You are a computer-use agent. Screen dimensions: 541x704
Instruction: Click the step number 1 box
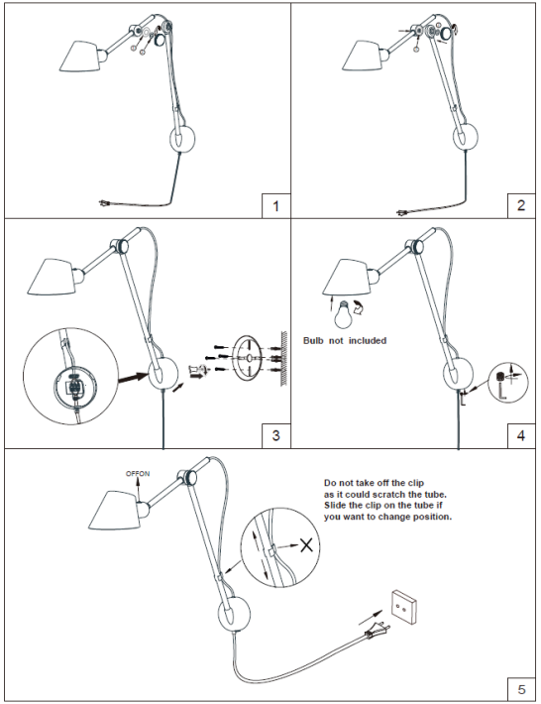coord(275,206)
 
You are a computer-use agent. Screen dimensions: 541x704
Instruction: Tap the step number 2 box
coord(521,205)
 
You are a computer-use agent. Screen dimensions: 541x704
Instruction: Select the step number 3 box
coord(275,435)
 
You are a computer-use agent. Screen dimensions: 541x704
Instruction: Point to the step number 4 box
coord(521,435)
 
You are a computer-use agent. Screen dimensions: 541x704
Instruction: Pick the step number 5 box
coord(521,689)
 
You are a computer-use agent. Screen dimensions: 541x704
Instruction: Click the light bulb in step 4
coord(343,314)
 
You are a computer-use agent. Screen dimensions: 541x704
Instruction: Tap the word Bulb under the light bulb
coord(313,341)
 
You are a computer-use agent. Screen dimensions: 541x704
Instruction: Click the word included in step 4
coord(368,341)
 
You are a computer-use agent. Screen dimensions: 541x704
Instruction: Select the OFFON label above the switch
coord(138,474)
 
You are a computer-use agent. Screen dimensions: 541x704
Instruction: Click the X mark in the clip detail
coord(306,545)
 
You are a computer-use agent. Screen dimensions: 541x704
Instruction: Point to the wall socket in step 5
coord(403,608)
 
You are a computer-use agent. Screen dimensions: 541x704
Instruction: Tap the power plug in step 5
coord(376,631)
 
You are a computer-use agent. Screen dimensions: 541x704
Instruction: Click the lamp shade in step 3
coord(52,277)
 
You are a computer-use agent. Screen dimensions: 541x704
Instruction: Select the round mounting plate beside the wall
coord(247,358)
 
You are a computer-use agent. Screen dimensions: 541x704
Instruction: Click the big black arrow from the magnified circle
coord(133,377)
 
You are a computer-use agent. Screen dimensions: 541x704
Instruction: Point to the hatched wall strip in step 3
coord(283,358)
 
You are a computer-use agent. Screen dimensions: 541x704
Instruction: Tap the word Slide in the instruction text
coord(335,506)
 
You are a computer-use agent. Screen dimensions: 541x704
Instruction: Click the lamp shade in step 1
coord(79,57)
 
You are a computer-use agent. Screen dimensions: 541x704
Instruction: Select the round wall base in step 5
coord(234,613)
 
